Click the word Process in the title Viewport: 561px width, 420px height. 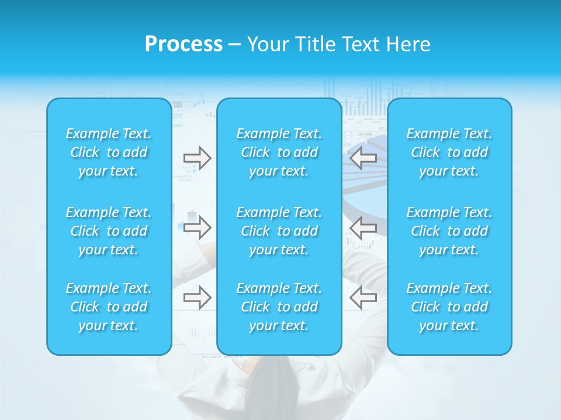[x=183, y=44]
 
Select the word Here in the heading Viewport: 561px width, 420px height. [x=408, y=44]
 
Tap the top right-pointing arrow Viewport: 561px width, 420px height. [x=197, y=158]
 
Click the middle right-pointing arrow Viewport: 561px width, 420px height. [x=197, y=227]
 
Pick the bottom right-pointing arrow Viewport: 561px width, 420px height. [x=197, y=297]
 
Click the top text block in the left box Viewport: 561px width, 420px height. [x=109, y=152]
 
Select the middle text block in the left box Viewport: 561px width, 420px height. [x=109, y=231]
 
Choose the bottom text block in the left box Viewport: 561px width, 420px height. [x=109, y=307]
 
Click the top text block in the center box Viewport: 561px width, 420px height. [x=279, y=152]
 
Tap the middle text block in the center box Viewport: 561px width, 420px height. [x=279, y=231]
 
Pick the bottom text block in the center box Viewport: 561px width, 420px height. [x=279, y=307]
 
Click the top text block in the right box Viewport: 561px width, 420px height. [x=449, y=152]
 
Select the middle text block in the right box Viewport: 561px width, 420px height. [x=449, y=231]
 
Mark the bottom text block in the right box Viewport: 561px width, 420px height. [x=449, y=307]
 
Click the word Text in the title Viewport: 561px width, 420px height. [x=361, y=44]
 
